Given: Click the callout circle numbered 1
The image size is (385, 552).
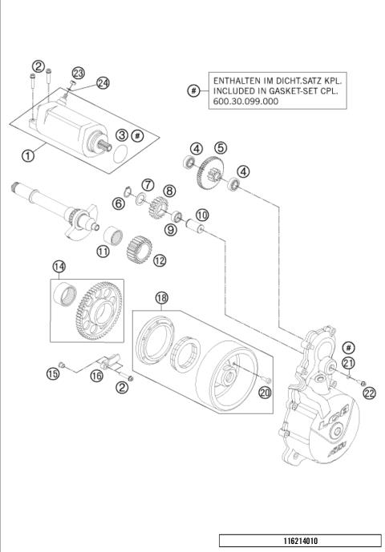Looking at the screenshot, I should [x=28, y=155].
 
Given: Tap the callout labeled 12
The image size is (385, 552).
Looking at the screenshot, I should [x=160, y=260].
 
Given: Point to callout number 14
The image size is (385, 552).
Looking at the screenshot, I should [x=59, y=266].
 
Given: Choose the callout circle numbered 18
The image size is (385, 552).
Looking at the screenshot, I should [x=162, y=297].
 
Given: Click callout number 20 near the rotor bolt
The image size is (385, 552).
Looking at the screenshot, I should [x=265, y=392].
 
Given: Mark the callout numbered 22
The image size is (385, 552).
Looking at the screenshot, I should [x=369, y=392].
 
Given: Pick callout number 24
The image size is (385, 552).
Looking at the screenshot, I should [x=103, y=83].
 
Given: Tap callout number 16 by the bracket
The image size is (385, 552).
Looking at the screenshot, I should [x=96, y=375].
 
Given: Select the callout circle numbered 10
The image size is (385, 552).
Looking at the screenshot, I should [x=202, y=214].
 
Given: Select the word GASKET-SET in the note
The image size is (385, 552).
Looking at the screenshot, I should [x=281, y=92].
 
